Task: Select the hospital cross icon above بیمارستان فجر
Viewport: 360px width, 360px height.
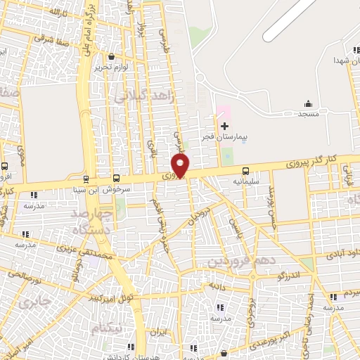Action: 224,126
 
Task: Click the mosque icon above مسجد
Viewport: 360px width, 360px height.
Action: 308,103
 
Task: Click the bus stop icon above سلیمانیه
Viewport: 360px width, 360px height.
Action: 245,171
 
